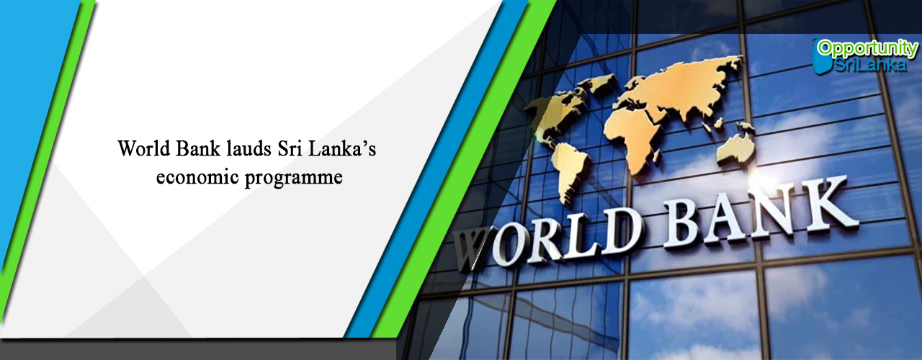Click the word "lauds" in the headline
(249, 148)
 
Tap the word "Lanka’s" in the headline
(342, 148)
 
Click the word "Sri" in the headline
(290, 148)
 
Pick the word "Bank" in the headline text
(198, 148)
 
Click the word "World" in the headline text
(144, 148)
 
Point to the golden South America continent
(569, 173)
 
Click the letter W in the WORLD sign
(471, 249)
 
